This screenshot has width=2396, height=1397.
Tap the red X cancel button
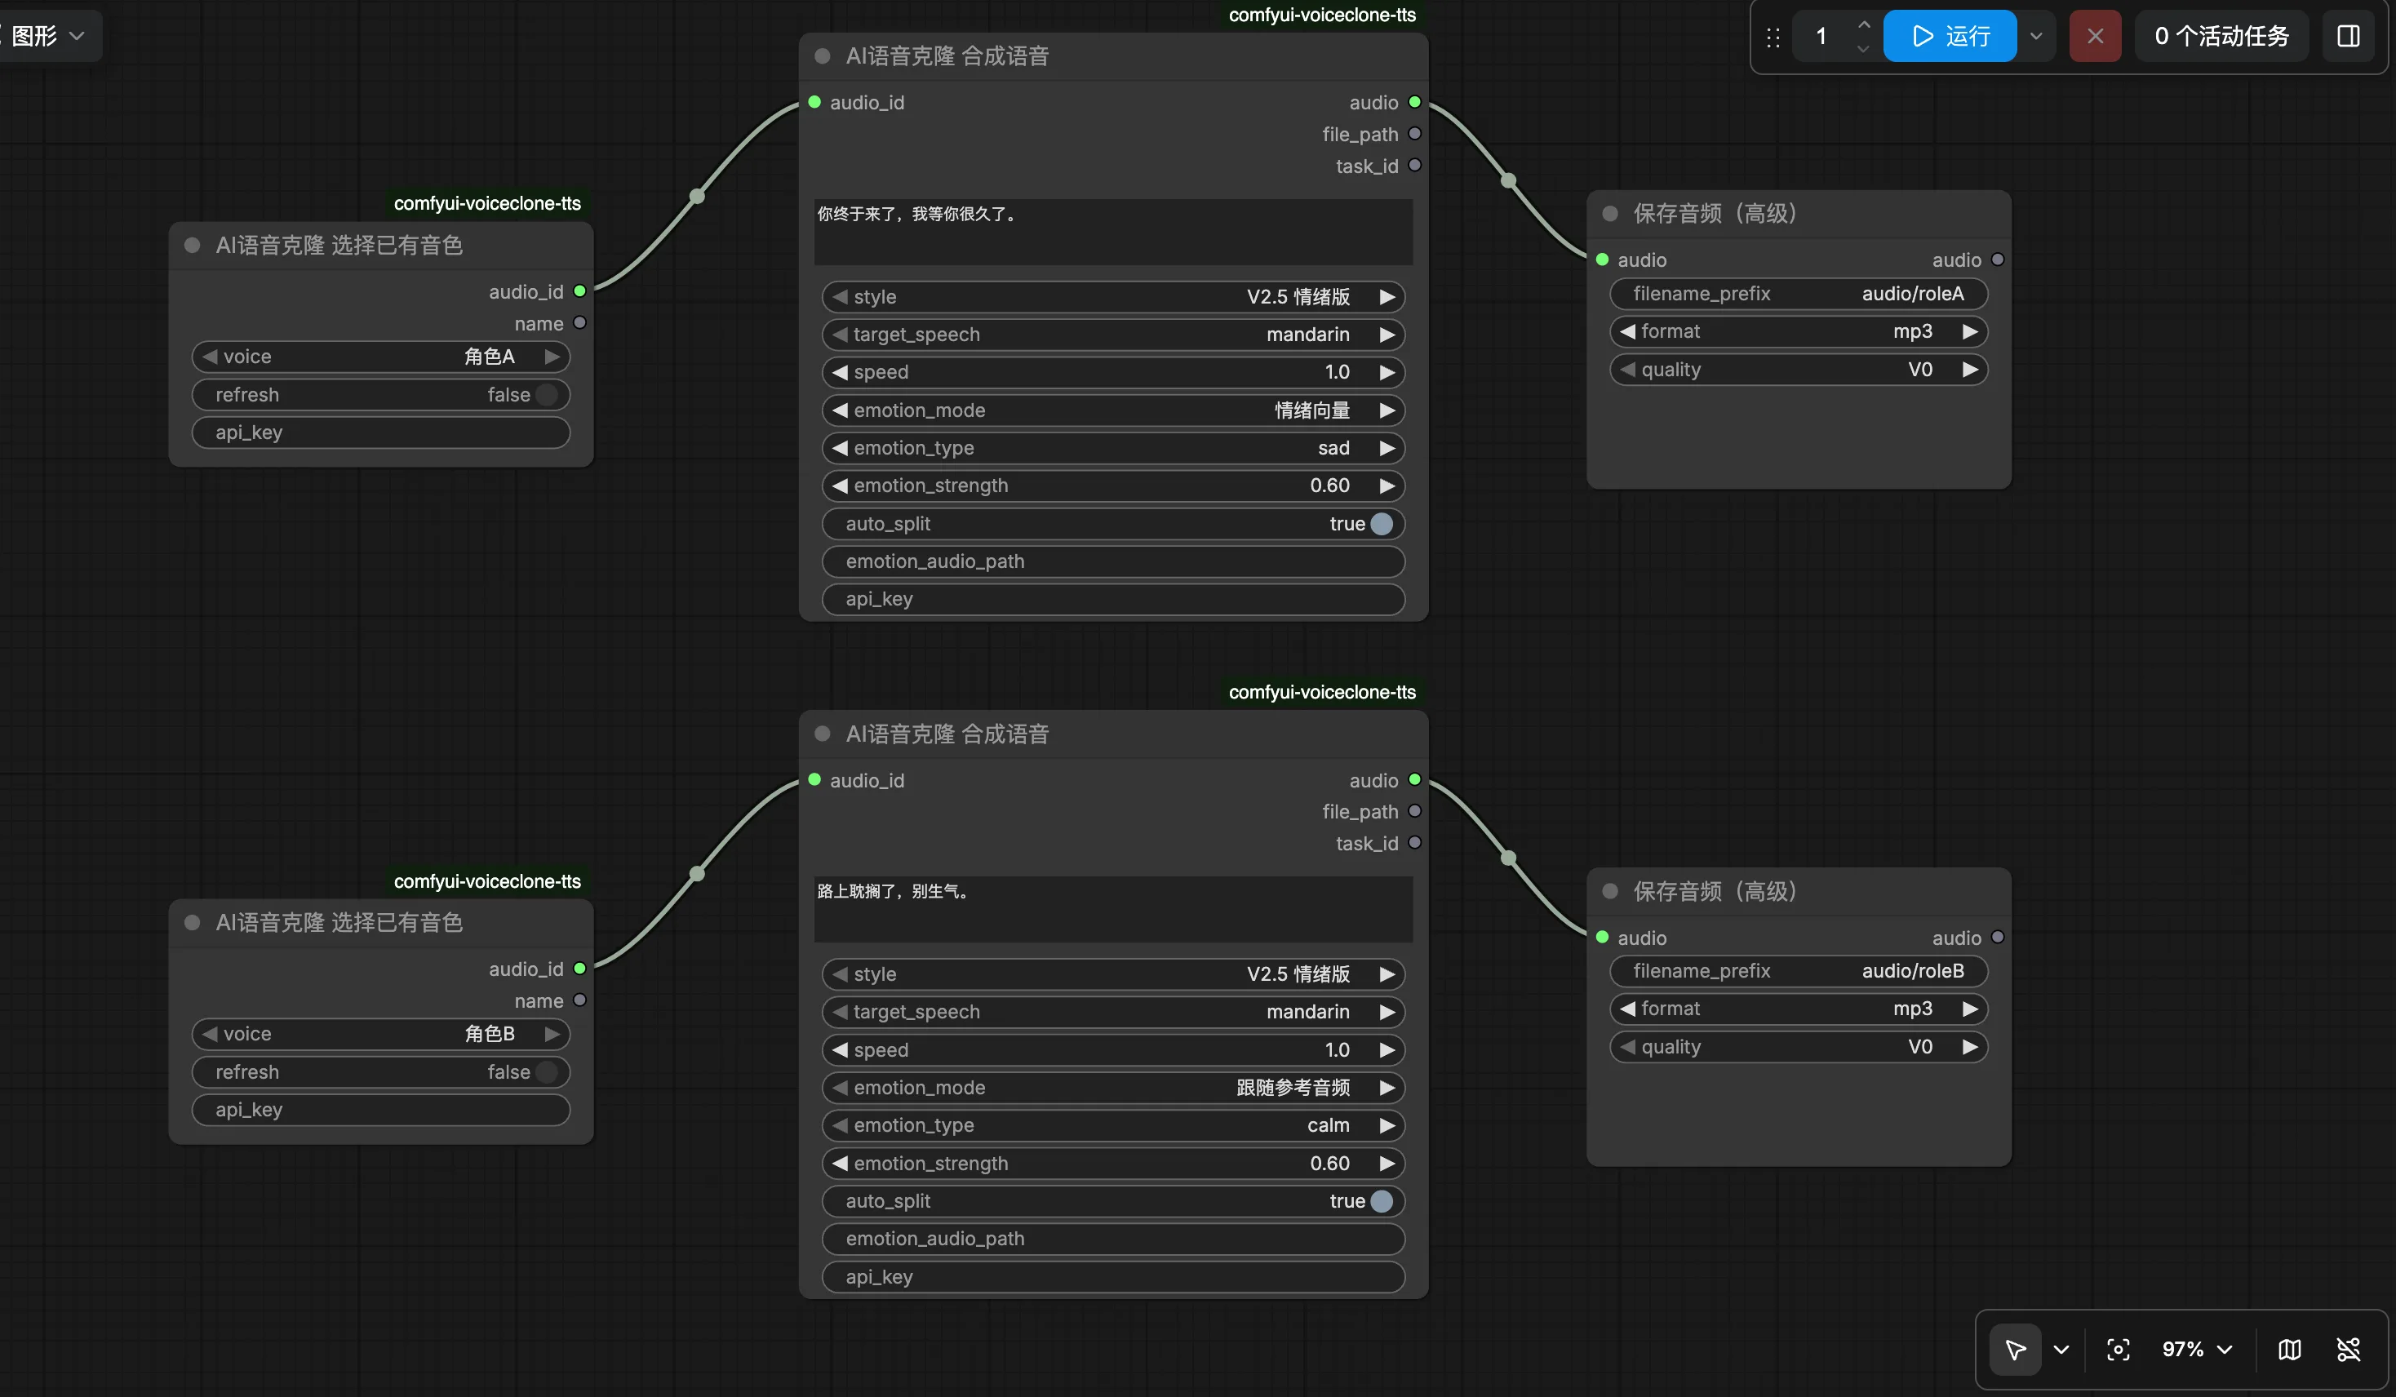[x=2095, y=36]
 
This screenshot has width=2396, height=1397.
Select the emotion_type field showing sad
[x=1112, y=448]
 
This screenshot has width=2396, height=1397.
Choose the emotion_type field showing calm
[x=1112, y=1125]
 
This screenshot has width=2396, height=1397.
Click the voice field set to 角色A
[x=380, y=357]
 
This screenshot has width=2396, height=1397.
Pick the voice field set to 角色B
[x=380, y=1034]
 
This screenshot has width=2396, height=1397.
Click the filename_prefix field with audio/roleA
[x=1798, y=294]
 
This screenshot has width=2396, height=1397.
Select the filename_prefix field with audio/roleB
[x=1798, y=971]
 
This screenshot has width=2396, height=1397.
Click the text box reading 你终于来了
[x=1112, y=231]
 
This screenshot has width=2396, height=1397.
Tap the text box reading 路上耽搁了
[x=1112, y=908]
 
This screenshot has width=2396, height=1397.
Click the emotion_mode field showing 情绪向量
[x=1112, y=410]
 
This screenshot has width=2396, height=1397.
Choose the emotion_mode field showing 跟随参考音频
[x=1112, y=1087]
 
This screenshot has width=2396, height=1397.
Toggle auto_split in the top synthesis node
[x=1382, y=524]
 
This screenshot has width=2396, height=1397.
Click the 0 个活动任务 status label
[x=2221, y=36]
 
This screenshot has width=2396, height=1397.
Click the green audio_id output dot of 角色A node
[x=580, y=291]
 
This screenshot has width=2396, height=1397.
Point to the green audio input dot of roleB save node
[x=1602, y=938]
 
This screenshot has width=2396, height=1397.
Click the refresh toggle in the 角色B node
[x=547, y=1071]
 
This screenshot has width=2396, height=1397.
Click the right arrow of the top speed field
[x=1387, y=373]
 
